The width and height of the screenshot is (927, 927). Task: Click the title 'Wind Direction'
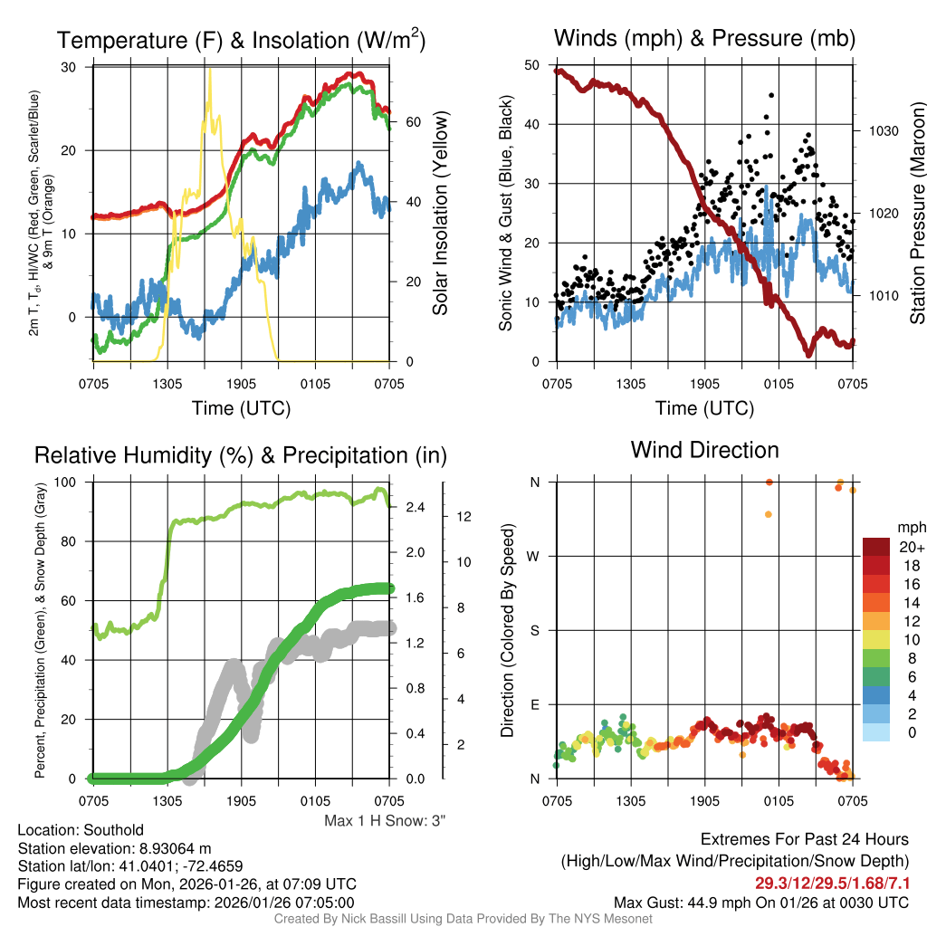pos(704,450)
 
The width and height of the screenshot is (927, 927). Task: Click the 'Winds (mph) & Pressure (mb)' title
pos(704,38)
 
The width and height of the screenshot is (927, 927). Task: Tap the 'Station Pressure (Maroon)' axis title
pos(916,213)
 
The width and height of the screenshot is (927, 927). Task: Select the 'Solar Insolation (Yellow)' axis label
pos(441,213)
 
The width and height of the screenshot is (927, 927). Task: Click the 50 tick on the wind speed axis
pos(533,65)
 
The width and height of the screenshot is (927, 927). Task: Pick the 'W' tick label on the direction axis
pos(534,556)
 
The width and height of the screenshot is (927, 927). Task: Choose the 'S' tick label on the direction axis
pos(534,630)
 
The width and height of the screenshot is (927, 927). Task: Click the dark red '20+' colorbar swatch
pos(878,547)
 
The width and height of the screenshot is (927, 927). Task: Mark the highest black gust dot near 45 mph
pos(771,95)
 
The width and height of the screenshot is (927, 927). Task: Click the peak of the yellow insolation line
pos(210,71)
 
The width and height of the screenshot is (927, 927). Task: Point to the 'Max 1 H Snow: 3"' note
pos(385,820)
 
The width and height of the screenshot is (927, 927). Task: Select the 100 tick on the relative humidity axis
pos(76,482)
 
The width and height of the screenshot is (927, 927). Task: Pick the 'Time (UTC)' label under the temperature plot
pos(241,408)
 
